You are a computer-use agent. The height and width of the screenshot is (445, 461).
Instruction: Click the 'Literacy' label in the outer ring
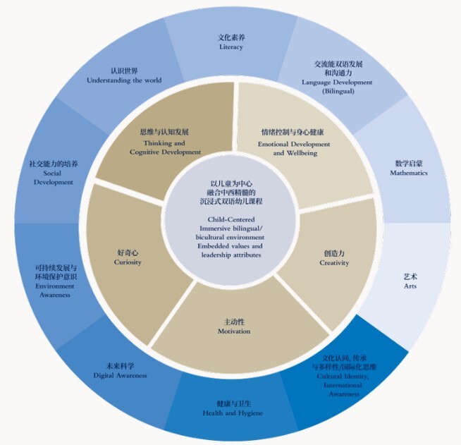231,47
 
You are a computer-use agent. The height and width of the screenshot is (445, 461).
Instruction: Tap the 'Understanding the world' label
124,80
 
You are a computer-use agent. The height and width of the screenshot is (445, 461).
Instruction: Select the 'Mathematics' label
410,173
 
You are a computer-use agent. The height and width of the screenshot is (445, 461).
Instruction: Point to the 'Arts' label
410,287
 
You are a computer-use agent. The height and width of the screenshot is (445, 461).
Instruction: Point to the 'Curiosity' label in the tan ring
128,262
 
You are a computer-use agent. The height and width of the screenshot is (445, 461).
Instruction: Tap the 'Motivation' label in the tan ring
233,331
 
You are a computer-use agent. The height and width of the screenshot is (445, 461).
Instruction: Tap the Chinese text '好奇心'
128,252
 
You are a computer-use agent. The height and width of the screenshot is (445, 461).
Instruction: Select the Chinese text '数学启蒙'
410,164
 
